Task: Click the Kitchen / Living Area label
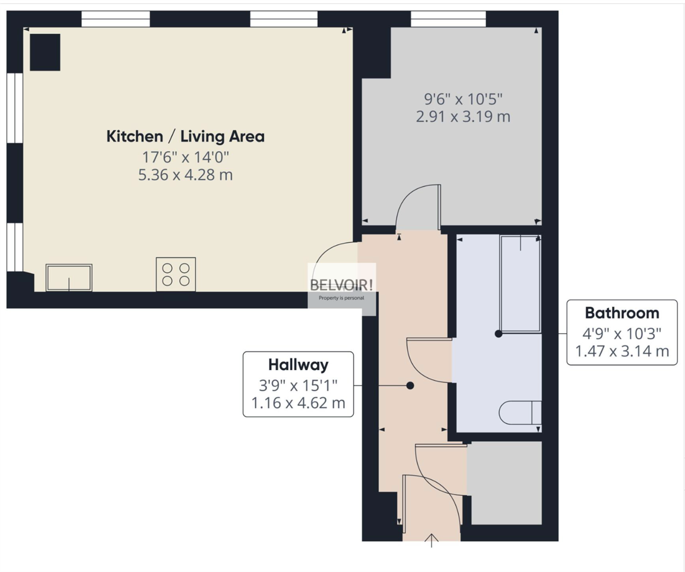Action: coord(185,137)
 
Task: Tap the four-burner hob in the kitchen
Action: coord(176,274)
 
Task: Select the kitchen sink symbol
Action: coord(69,278)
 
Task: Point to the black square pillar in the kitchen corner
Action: coord(45,52)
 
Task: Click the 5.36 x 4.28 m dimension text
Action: coord(185,175)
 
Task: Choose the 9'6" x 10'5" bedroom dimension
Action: coord(462,99)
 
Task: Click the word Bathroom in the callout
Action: coord(622,313)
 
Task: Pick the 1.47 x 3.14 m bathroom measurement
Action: coord(622,351)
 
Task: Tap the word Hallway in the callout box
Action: coord(298,365)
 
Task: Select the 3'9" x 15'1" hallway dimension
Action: coord(298,385)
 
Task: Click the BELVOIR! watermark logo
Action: coord(342,285)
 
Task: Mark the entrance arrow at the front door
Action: coord(432,540)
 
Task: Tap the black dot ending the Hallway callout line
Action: coord(410,386)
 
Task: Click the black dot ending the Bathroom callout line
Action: coord(499,334)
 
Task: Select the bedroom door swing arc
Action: coord(416,204)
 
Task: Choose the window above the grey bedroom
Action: coord(448,19)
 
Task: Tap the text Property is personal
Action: coord(342,298)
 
